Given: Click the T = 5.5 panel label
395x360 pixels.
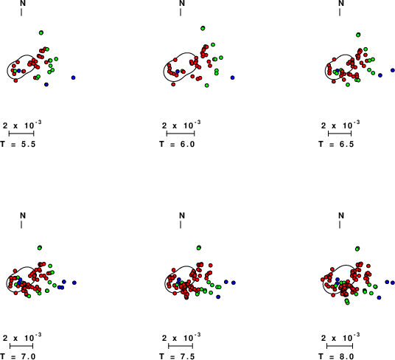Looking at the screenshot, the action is pos(18,144).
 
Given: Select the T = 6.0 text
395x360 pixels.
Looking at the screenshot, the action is pos(177,144).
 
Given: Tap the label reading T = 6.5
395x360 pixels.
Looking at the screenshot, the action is pos(336,144).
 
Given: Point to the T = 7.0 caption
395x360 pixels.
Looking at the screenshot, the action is pos(18,356).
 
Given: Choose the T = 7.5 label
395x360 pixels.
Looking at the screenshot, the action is pos(177,356).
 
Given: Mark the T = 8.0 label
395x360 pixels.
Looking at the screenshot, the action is pos(336,356).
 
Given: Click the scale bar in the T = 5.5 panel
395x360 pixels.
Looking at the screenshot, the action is pos(21,134).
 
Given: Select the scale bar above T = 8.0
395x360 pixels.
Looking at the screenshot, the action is pos(340,346).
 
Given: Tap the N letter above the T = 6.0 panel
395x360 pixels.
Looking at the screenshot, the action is pos(182,3).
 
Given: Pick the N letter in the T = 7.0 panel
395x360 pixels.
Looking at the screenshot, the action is pos(23,215).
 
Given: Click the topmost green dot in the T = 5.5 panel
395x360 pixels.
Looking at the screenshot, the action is pos(41,32).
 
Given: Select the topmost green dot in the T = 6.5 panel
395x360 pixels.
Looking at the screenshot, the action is pos(358,35).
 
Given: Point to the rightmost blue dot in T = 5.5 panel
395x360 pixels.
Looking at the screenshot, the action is pos(73,77).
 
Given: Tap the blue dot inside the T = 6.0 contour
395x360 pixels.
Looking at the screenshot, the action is pos(178,72).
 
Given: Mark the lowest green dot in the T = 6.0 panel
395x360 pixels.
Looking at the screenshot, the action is pos(207,86).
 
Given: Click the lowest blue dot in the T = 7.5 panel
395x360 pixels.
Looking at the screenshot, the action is pos(218,297).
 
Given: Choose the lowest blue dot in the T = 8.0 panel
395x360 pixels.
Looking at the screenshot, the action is pos(379,298).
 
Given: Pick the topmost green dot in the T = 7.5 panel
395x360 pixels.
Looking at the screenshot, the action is pos(199,248).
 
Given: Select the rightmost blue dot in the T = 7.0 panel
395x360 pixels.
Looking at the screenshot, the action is pos(74,283).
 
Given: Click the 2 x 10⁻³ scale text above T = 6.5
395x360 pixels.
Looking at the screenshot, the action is pos(340,125).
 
